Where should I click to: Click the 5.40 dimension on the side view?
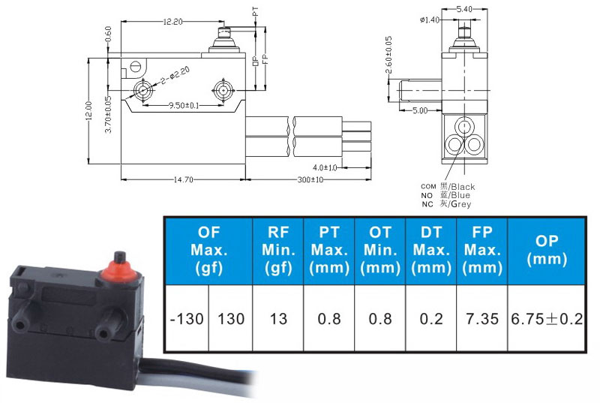coord(463,9)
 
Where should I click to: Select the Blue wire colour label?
coord(460,195)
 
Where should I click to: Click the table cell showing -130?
coord(187,319)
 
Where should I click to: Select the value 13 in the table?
coord(278,319)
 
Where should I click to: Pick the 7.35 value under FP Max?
coord(482,319)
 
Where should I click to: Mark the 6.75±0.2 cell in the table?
coord(547,319)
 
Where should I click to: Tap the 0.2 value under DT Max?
coord(431,319)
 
